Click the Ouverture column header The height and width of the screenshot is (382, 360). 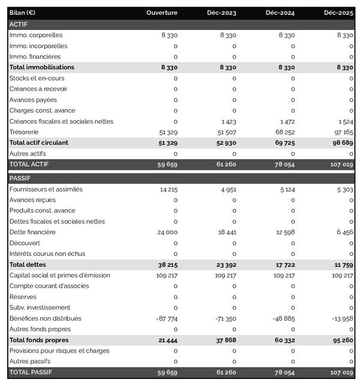tap(162, 13)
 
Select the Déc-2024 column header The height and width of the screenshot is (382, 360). tap(280, 13)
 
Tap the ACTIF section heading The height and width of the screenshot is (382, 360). tap(19, 24)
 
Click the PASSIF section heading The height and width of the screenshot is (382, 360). tap(20, 178)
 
